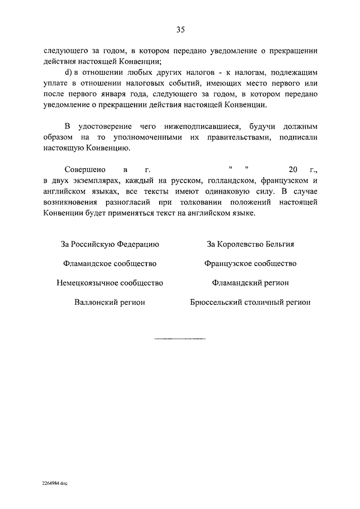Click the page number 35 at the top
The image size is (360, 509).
point(180,30)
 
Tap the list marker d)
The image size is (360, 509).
point(69,73)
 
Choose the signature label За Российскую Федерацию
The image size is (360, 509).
point(110,244)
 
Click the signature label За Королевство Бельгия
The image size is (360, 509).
point(251,244)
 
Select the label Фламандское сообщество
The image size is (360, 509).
point(110,263)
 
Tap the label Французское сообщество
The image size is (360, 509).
point(251,263)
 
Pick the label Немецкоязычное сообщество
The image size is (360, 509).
point(110,282)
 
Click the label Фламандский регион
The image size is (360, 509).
point(251,282)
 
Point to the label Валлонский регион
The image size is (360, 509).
point(110,302)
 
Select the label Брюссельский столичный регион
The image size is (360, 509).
point(251,302)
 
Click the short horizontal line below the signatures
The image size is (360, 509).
point(180,339)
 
